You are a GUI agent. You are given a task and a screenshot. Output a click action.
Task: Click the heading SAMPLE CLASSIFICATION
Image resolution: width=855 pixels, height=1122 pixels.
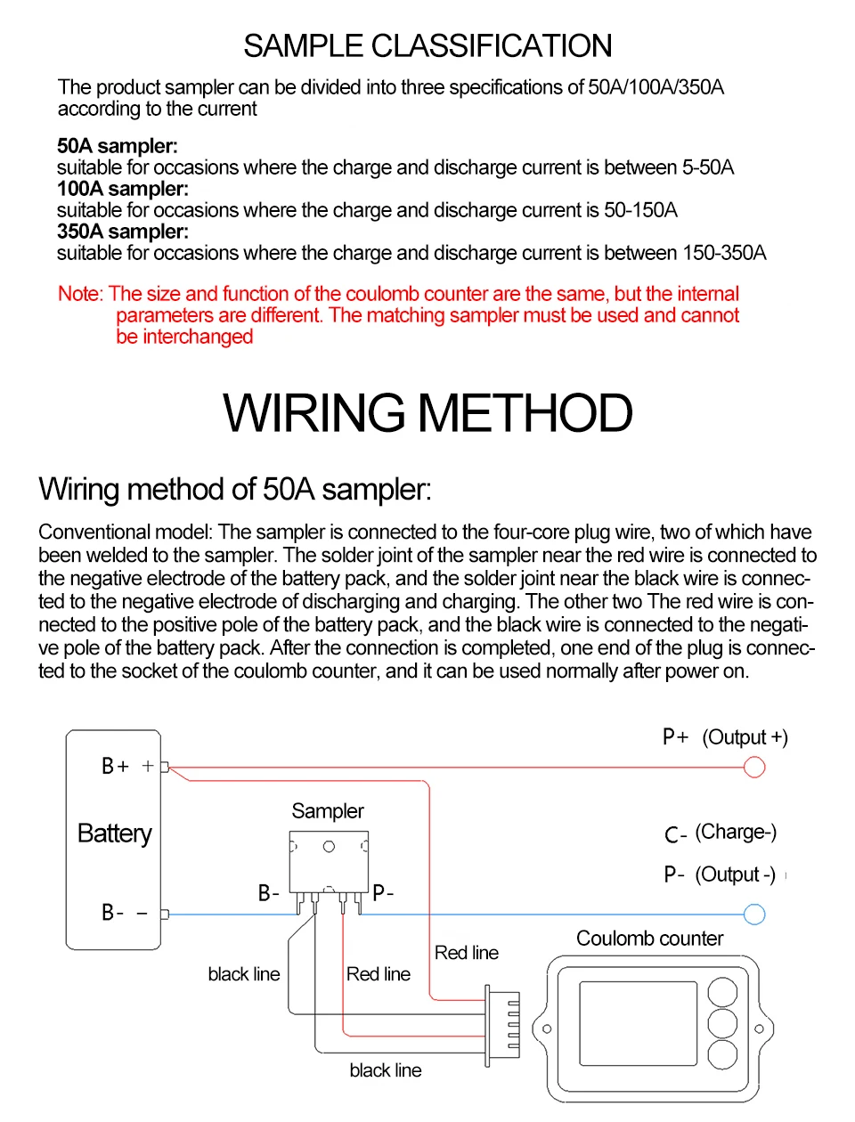click(x=427, y=45)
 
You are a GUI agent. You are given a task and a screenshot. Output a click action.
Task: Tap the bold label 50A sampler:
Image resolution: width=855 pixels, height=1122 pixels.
click(x=117, y=146)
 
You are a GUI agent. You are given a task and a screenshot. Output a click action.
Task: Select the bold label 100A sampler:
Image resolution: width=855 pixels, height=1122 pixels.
click(x=122, y=189)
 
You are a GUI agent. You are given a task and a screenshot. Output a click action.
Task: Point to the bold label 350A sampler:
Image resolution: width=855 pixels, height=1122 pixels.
click(x=122, y=232)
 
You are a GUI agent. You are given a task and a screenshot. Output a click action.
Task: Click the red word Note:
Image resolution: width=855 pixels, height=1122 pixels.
click(x=80, y=294)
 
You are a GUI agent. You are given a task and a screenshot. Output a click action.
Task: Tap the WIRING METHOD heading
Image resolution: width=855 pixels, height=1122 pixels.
click(x=427, y=413)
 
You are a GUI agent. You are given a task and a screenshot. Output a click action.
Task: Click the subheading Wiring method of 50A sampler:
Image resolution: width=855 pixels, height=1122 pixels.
click(x=235, y=489)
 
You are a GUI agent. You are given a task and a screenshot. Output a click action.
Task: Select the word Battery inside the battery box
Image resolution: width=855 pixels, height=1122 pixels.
click(x=114, y=833)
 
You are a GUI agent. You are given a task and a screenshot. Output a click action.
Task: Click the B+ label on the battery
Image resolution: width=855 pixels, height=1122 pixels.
click(x=115, y=766)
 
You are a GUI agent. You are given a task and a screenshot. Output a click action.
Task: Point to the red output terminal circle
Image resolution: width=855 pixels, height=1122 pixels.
click(x=754, y=767)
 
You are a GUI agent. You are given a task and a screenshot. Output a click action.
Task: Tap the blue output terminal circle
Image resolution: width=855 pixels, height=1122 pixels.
click(x=754, y=915)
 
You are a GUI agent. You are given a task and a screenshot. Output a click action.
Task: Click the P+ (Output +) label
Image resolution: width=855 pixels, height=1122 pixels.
click(x=725, y=737)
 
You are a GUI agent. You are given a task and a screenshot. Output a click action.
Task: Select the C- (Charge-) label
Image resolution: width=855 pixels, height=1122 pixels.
click(x=721, y=833)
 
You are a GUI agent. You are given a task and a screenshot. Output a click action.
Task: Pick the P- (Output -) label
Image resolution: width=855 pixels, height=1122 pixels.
click(x=720, y=874)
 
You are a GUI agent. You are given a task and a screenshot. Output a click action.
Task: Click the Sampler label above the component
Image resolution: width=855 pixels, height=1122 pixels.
click(x=328, y=811)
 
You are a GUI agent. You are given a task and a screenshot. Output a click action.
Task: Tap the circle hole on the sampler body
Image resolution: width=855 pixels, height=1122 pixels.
click(x=329, y=847)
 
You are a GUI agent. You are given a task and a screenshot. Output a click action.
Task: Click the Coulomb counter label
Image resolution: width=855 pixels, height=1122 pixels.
click(x=649, y=939)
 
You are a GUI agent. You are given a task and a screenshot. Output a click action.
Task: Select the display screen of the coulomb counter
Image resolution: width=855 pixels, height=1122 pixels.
click(x=638, y=1023)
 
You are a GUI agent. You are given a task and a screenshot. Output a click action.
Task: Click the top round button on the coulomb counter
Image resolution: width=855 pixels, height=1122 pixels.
click(x=722, y=992)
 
